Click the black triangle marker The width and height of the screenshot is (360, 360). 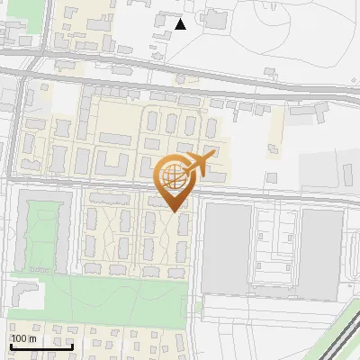point(181,24)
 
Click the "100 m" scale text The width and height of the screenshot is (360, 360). point(22,338)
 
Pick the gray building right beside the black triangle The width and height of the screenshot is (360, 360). point(162,19)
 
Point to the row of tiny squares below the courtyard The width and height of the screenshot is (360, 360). point(40,268)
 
